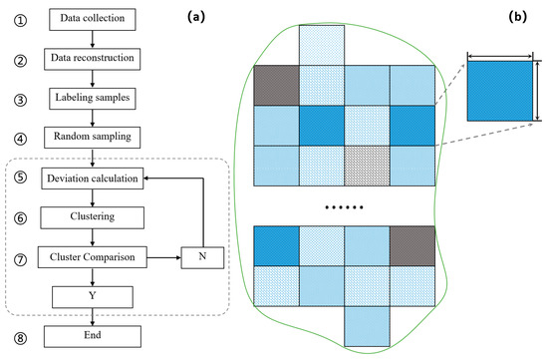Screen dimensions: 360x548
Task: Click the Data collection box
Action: tap(91, 20)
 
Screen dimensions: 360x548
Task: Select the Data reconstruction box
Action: tap(91, 60)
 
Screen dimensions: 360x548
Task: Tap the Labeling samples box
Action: tap(91, 99)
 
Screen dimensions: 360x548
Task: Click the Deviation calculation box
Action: tap(91, 180)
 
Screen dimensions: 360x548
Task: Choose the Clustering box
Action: tap(91, 216)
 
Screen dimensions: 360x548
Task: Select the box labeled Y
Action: tap(91, 296)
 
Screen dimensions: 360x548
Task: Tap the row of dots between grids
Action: tap(345, 207)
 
